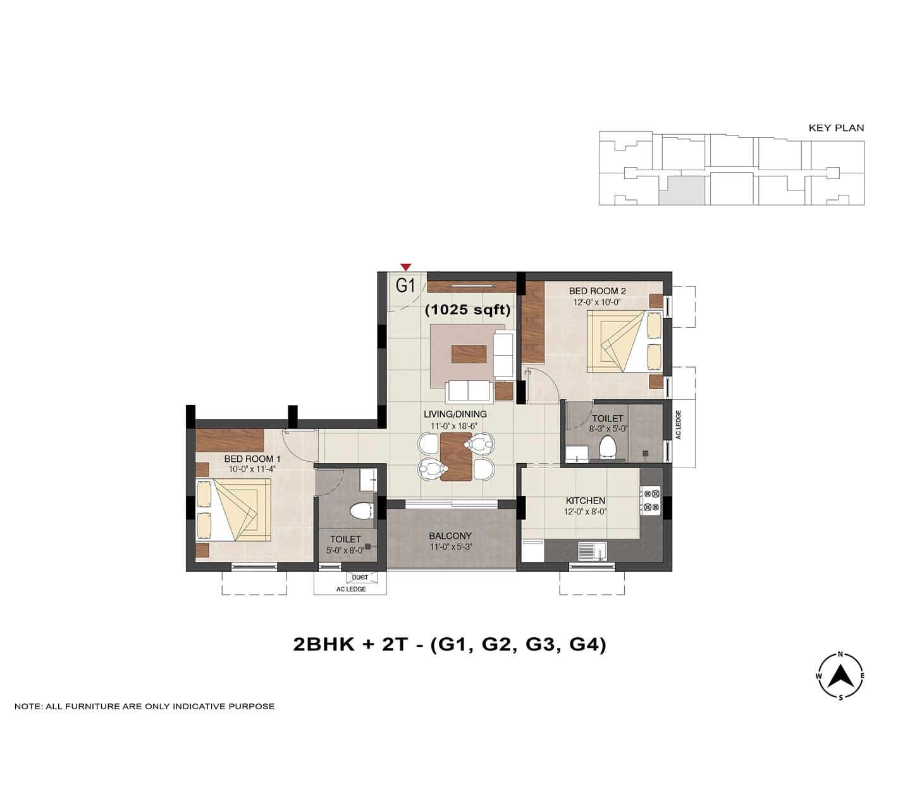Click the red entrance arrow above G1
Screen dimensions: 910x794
pyautogui.click(x=405, y=267)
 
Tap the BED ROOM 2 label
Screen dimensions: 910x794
pyautogui.click(x=598, y=292)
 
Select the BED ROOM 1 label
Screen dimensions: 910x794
pyautogui.click(x=252, y=459)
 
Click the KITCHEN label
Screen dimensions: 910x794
pyautogui.click(x=586, y=501)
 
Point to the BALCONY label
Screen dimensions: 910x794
pyautogui.click(x=450, y=536)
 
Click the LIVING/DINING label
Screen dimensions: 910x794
pyautogui.click(x=455, y=414)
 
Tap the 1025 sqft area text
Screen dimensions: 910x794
pyautogui.click(x=468, y=309)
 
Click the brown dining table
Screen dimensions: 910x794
pyautogui.click(x=456, y=456)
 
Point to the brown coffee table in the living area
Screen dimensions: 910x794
pyautogui.click(x=469, y=354)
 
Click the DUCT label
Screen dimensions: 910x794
pyautogui.click(x=360, y=578)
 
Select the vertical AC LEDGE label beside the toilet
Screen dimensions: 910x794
pyautogui.click(x=679, y=425)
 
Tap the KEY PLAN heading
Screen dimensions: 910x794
pyautogui.click(x=836, y=128)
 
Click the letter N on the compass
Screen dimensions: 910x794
pyautogui.click(x=840, y=654)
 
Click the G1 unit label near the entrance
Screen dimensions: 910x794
pyautogui.click(x=405, y=285)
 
